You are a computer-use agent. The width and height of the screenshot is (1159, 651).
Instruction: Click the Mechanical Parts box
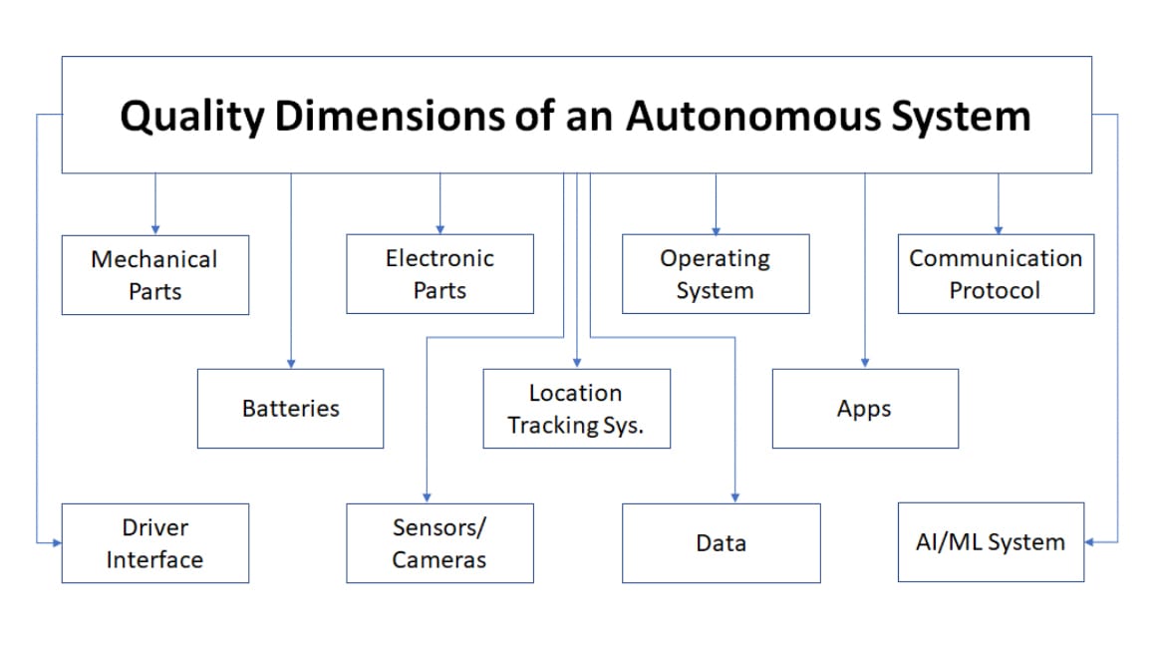[x=154, y=275]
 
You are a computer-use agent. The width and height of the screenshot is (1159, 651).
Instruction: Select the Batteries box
[x=290, y=409]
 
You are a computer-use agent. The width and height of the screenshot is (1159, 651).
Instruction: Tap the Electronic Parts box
[x=439, y=274]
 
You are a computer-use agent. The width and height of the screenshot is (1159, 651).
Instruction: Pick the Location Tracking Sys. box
[x=576, y=409]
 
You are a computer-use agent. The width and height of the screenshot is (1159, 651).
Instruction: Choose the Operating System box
[x=715, y=274]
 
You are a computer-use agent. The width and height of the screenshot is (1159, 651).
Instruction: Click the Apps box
[x=864, y=409]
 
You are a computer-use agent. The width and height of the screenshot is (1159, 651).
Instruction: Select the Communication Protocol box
[x=995, y=274]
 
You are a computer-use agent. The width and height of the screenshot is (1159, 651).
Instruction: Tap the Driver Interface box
[x=154, y=543]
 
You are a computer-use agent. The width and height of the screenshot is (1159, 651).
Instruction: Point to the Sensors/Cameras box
[x=439, y=543]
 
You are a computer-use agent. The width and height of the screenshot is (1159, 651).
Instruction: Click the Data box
[x=721, y=543]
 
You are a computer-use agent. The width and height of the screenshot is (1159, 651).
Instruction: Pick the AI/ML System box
[x=990, y=542]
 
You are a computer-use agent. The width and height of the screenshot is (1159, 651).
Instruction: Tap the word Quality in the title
[x=192, y=117]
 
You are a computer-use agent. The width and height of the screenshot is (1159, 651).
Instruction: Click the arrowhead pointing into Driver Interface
[x=56, y=543]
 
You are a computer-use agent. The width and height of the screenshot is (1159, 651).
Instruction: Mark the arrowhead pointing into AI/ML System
[x=1090, y=542]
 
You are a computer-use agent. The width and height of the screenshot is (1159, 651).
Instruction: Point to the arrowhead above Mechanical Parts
[x=154, y=228]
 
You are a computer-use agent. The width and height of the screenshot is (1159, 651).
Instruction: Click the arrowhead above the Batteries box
[x=290, y=363]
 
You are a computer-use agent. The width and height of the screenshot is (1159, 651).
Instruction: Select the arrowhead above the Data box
[x=734, y=496]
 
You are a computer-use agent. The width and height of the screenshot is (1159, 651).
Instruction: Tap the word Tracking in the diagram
[x=553, y=426]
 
